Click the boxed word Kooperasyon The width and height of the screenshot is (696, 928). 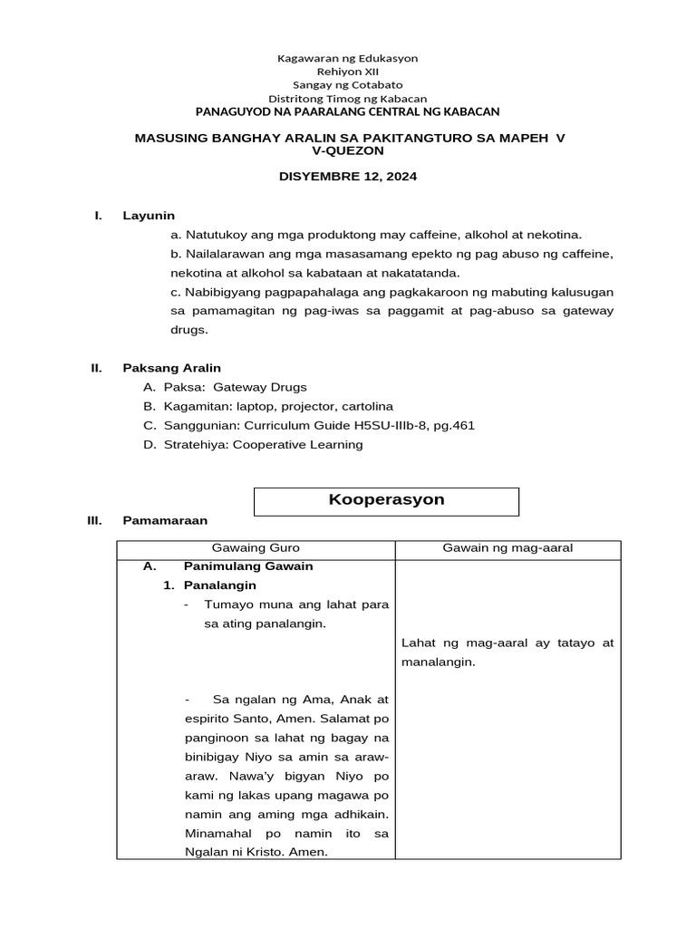(x=385, y=500)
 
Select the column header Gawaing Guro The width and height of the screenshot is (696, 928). (x=256, y=548)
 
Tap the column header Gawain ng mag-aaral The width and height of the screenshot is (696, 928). (x=507, y=548)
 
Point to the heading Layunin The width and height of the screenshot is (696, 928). (x=149, y=216)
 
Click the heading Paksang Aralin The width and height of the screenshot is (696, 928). (x=172, y=368)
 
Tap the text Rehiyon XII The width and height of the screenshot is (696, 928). (x=347, y=71)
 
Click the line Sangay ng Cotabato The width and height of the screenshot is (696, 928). (x=347, y=84)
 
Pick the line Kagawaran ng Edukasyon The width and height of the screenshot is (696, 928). (x=347, y=58)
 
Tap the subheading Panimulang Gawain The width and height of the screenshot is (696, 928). (x=248, y=566)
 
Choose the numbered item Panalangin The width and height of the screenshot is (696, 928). (x=219, y=585)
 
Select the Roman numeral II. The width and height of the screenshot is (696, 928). (x=95, y=368)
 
